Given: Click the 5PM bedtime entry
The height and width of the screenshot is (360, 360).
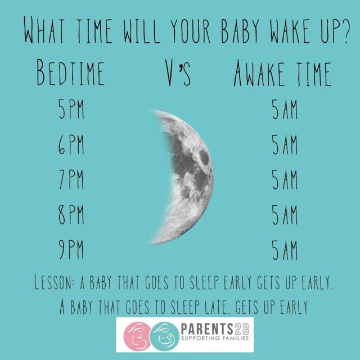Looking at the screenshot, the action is point(71,109).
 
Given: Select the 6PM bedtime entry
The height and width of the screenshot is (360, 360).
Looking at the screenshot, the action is point(71,145).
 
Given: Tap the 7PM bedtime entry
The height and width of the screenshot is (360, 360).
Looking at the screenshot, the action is point(71,179).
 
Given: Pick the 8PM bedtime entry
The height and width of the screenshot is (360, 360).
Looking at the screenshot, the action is point(71,215).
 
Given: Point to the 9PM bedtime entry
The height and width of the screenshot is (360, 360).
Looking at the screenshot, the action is point(71,250).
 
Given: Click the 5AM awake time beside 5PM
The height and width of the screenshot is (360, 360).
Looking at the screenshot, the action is point(285,109).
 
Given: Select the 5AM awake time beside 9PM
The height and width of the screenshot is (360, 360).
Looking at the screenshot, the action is point(285,250).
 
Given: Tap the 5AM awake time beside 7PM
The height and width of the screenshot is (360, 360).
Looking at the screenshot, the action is point(285,180).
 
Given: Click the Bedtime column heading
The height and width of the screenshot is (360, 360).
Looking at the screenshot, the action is point(70,73).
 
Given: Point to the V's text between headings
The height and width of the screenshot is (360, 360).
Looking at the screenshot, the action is point(178,73).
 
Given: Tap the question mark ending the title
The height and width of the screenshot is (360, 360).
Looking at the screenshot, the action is point(345,32).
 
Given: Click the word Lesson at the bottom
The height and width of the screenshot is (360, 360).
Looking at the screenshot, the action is point(54,282).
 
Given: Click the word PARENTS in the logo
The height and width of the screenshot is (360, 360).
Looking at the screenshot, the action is point(207,329).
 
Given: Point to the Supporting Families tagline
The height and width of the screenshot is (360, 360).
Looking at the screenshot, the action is point(215,338).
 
